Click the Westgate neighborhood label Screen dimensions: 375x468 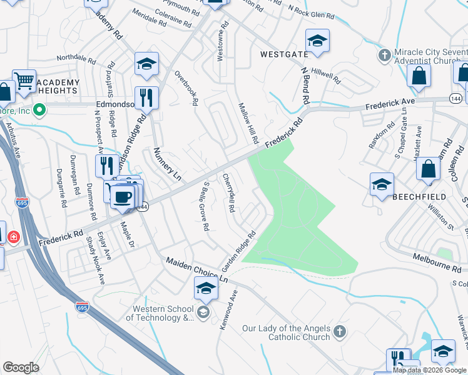pyautogui.click(x=285, y=55)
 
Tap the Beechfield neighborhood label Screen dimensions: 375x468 pyautogui.click(x=419, y=196)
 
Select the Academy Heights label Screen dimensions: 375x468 pyautogui.click(x=58, y=87)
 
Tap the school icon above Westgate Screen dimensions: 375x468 pyautogui.click(x=317, y=41)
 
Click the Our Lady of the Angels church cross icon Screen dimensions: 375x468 pyautogui.click(x=339, y=332)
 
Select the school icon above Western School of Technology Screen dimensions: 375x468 pyautogui.click(x=205, y=288)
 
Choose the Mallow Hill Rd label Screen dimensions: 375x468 pyautogui.click(x=248, y=123)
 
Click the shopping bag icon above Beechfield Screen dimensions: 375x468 pyautogui.click(x=429, y=169)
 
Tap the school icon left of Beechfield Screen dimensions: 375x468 pyautogui.click(x=381, y=184)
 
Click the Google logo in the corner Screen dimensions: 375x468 pyautogui.click(x=21, y=367)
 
